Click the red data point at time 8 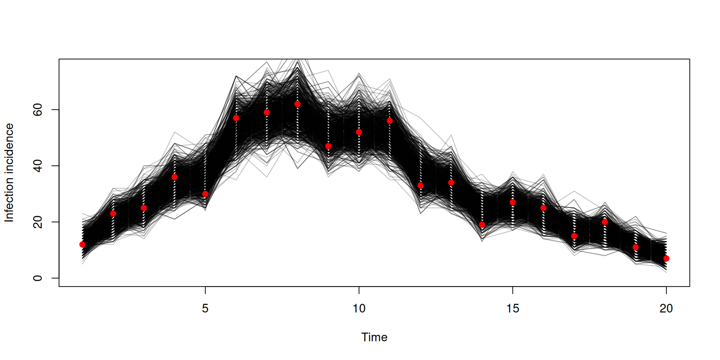[x=297, y=104]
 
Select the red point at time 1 [x=82, y=244]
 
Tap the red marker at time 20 [x=666, y=258]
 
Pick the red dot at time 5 [x=205, y=194]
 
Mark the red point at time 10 [x=359, y=132]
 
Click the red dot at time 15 [x=513, y=202]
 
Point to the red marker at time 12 [x=420, y=185]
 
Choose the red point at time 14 [x=482, y=225]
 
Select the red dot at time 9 [x=328, y=146]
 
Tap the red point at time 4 [x=174, y=177]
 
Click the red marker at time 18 [x=605, y=222]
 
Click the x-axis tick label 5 [x=205, y=309]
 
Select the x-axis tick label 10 [x=359, y=309]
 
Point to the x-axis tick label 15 [x=513, y=309]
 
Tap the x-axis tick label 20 [x=666, y=309]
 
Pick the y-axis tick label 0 [x=37, y=278]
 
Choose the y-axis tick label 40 [x=37, y=166]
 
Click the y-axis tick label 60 [x=37, y=109]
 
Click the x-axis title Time [x=374, y=337]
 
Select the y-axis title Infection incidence [x=9, y=172]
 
